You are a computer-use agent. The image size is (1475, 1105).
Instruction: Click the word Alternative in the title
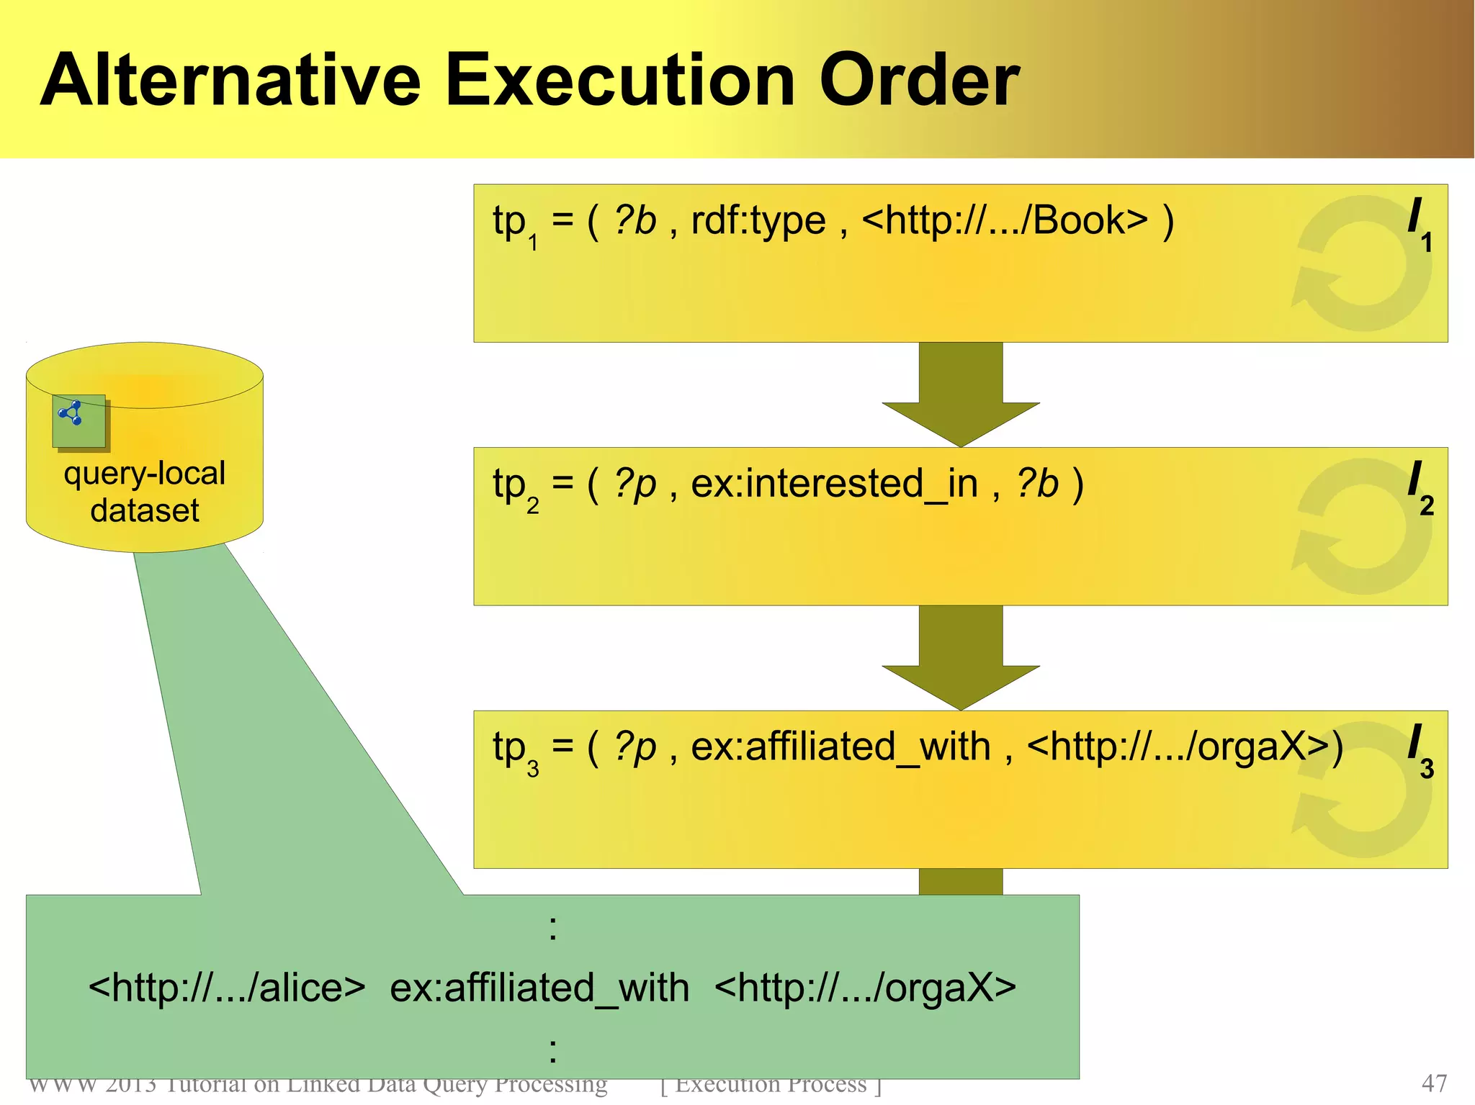[230, 81]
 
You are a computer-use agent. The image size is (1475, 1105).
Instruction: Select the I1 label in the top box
[1420, 223]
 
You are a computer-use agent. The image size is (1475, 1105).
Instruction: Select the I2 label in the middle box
[1420, 487]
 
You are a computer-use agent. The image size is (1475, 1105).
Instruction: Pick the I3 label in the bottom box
[1420, 750]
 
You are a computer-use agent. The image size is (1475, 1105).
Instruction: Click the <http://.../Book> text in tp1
[1005, 220]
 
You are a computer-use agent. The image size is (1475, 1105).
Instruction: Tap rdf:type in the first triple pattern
[758, 220]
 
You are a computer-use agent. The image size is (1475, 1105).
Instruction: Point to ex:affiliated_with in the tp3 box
[840, 747]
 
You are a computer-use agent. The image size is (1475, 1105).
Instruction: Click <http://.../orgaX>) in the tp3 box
[1185, 747]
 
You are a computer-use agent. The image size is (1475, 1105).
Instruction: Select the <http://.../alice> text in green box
[227, 988]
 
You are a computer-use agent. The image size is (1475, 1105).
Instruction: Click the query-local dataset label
[145, 492]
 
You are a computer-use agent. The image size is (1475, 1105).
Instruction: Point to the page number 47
[1434, 1083]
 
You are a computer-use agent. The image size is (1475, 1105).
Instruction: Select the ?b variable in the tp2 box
[1037, 484]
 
